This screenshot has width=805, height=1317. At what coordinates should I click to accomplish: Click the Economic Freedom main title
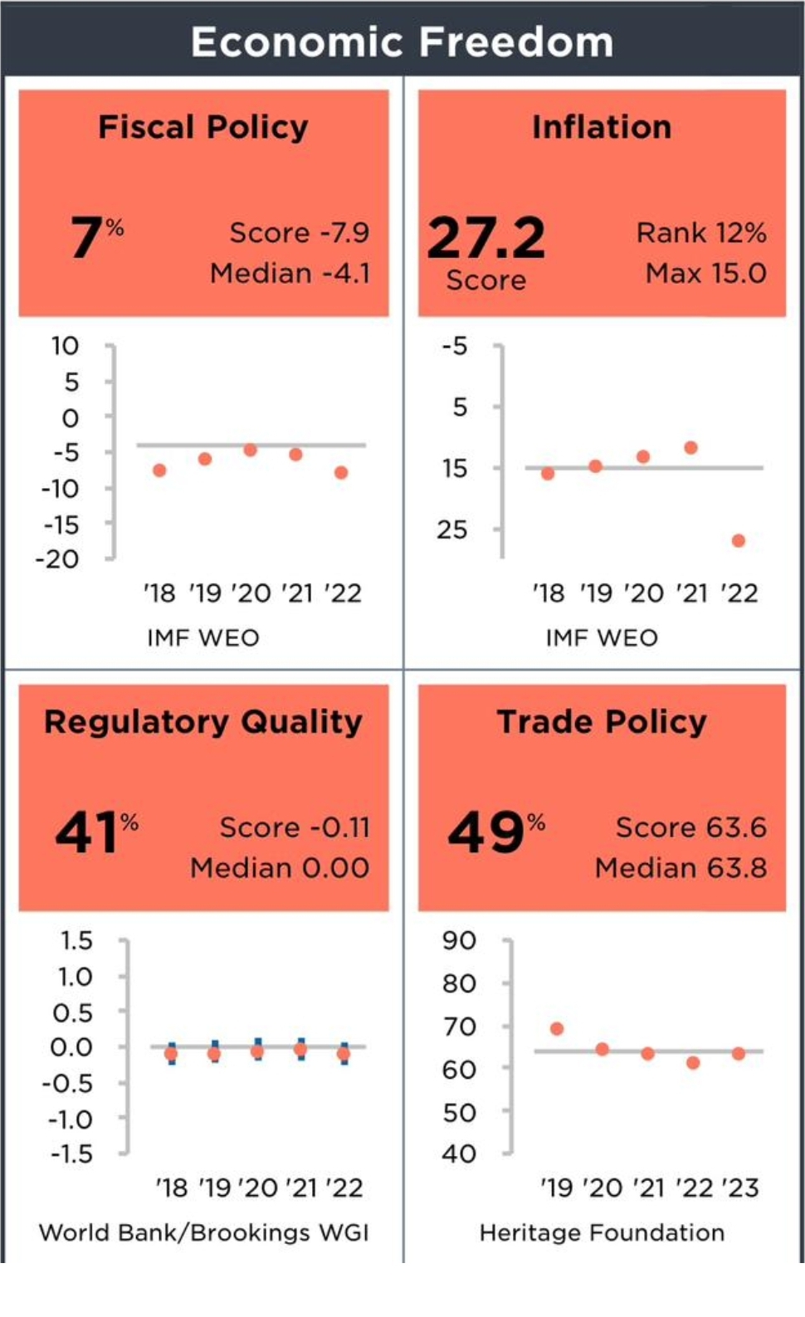click(x=402, y=41)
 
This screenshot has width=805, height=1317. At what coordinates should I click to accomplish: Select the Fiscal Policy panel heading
click(x=203, y=127)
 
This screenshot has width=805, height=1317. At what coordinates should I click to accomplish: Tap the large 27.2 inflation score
click(x=486, y=238)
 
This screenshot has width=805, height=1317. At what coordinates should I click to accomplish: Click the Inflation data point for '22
click(x=739, y=541)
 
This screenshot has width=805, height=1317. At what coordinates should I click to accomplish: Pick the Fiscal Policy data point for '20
click(x=251, y=450)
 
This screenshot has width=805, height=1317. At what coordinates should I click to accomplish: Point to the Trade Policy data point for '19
click(x=557, y=1029)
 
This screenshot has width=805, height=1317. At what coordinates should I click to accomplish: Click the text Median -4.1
click(x=290, y=273)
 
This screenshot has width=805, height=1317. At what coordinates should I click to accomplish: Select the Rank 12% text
click(x=701, y=233)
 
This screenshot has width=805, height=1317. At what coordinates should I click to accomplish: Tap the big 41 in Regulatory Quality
click(x=86, y=832)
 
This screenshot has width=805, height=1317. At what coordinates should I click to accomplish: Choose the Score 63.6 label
click(x=690, y=827)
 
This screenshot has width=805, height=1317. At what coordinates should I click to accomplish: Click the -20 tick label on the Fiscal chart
click(x=57, y=559)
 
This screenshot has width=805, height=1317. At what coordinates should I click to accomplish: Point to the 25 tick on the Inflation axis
click(x=452, y=529)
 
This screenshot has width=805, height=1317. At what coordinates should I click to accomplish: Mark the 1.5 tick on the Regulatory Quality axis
click(x=76, y=940)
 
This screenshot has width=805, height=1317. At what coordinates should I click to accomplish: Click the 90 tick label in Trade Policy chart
click(x=459, y=940)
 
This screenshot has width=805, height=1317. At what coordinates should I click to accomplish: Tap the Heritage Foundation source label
click(x=602, y=1232)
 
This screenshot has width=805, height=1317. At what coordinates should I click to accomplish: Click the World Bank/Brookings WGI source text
click(x=203, y=1232)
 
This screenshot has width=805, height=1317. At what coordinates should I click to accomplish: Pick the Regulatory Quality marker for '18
click(x=171, y=1054)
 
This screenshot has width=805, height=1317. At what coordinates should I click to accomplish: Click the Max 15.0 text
click(x=705, y=273)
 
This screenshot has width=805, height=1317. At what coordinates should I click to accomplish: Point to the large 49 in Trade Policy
click(x=485, y=832)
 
